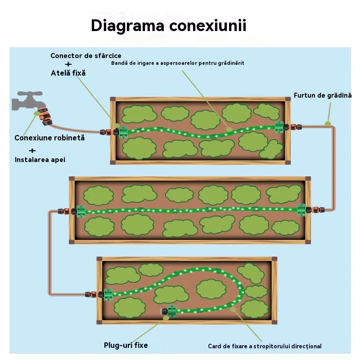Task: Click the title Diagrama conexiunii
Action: pyautogui.click(x=168, y=25)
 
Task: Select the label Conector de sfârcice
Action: pyautogui.click(x=85, y=56)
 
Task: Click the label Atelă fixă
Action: pyautogui.click(x=68, y=73)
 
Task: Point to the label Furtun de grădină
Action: pyautogui.click(x=323, y=95)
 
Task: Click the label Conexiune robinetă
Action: pyautogui.click(x=49, y=138)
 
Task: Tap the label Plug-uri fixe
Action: pyautogui.click(x=126, y=346)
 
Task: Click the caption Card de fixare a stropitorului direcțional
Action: pyautogui.click(x=265, y=346)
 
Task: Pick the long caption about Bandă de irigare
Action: pyautogui.click(x=177, y=63)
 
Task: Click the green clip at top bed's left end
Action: pyautogui.click(x=121, y=132)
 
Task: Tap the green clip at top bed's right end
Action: pyautogui.click(x=279, y=128)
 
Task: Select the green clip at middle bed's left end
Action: pyautogui.click(x=81, y=211)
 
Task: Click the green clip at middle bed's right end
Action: pyautogui.click(x=301, y=210)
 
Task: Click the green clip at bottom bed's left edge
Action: pyautogui.click(x=108, y=294)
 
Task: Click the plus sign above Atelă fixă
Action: pyautogui.click(x=68, y=64)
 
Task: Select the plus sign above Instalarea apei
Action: pyautogui.click(x=32, y=150)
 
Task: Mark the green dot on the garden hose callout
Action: pyautogui.click(x=328, y=123)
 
